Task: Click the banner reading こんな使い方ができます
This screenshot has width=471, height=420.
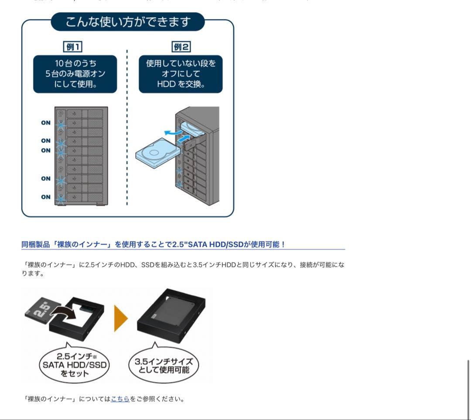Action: pos(127,22)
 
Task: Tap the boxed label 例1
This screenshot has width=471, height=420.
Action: pos(72,47)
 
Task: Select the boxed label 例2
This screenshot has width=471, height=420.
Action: pos(181,47)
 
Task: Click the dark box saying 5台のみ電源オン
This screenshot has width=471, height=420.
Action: pos(75,74)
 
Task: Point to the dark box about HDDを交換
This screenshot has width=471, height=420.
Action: pos(181,74)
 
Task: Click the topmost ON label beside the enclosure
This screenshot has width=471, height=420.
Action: pos(46,123)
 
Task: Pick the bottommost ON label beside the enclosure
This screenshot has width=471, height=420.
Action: pos(46,197)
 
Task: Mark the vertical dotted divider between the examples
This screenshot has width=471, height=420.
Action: pos(127,126)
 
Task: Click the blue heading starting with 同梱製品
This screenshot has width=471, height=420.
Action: pos(153,244)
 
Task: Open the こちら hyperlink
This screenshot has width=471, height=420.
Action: pos(120,399)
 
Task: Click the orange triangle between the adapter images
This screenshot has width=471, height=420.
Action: pos(120,318)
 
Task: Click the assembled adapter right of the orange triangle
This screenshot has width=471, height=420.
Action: pos(171,317)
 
